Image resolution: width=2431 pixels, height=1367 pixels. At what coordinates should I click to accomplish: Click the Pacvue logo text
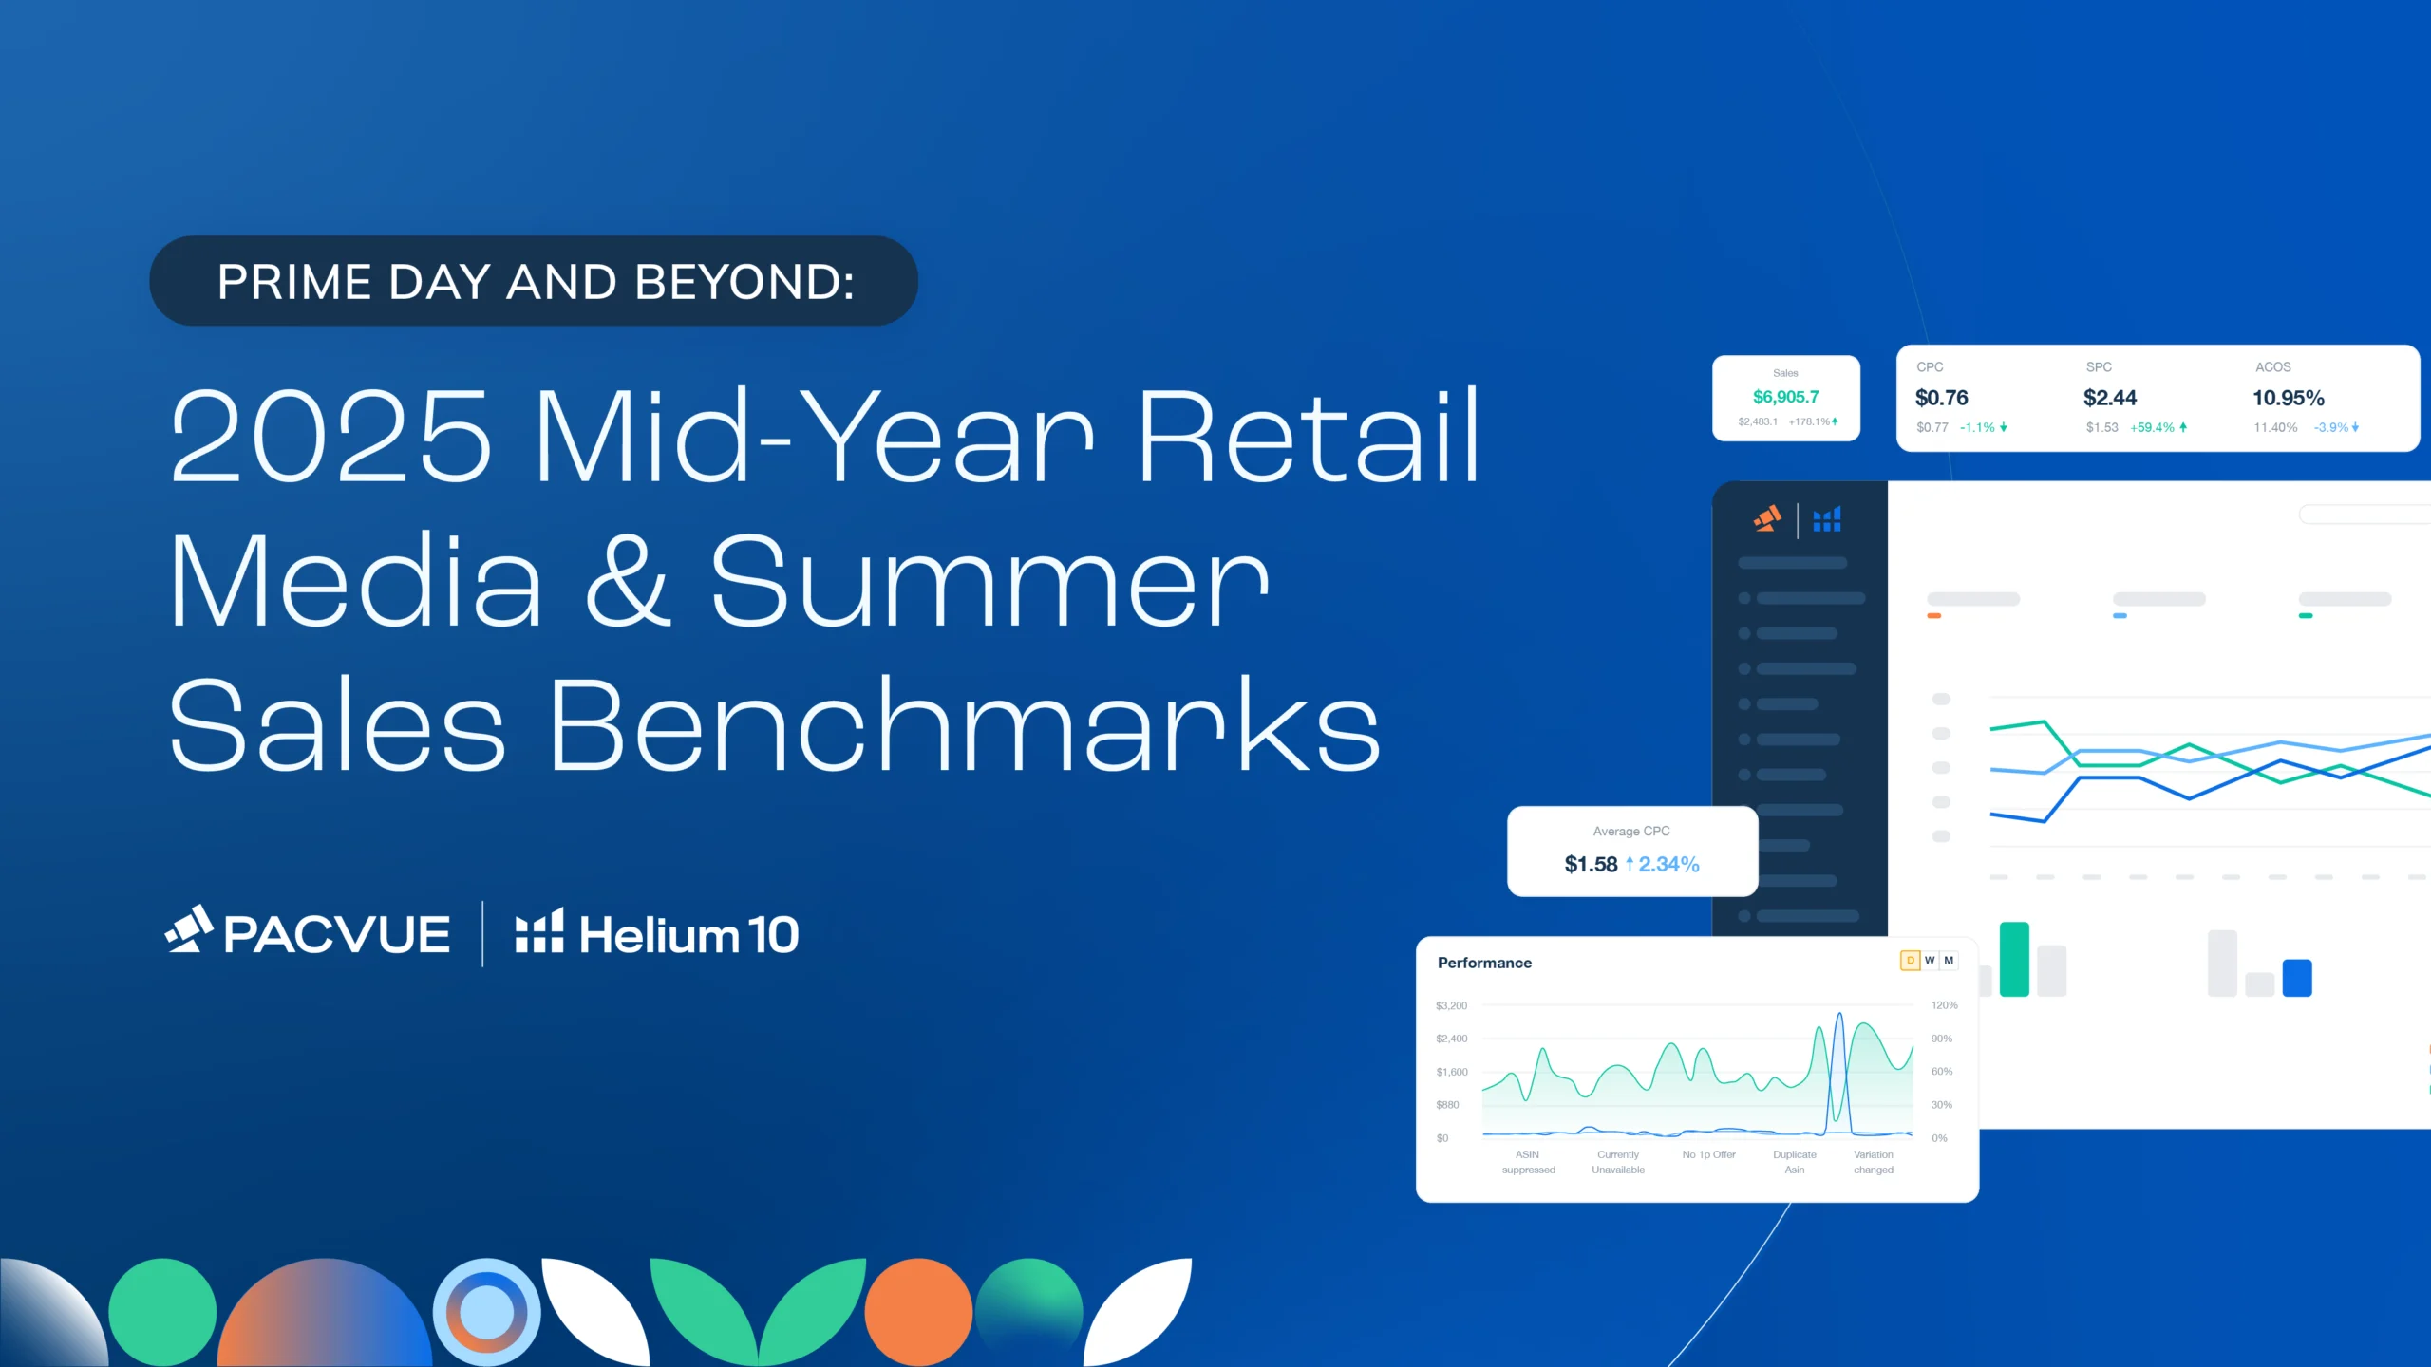(x=336, y=934)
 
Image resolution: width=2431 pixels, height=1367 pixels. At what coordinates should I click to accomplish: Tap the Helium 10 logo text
(x=688, y=934)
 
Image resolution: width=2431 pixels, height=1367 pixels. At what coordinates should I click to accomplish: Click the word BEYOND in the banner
(x=744, y=282)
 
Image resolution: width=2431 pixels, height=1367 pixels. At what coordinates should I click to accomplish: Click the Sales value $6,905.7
(x=1785, y=397)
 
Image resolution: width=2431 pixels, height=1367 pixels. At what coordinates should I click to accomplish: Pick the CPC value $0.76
(x=1941, y=398)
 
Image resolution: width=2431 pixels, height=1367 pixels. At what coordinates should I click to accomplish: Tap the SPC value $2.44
(x=2110, y=398)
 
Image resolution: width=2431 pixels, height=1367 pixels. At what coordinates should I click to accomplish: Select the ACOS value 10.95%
(x=2289, y=398)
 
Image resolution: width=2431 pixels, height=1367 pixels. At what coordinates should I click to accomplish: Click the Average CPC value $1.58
(x=1591, y=864)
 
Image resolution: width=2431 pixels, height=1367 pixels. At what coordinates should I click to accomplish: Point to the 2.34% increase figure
(x=1668, y=864)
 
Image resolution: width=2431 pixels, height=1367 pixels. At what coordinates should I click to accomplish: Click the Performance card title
(x=1484, y=963)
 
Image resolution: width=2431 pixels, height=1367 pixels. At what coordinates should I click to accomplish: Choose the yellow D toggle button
(x=1911, y=961)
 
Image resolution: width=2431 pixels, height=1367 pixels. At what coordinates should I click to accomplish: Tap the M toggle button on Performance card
(x=1949, y=961)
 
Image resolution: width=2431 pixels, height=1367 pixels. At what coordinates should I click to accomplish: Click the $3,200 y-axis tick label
(x=1451, y=1005)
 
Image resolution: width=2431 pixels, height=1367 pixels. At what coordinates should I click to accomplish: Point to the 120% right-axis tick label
(x=1944, y=1005)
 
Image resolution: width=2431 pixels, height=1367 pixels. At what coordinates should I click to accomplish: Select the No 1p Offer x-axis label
(x=1708, y=1155)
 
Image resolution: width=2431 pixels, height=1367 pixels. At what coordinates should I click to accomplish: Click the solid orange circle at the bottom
(x=918, y=1312)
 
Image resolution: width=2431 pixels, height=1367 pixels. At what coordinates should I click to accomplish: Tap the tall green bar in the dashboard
(x=2014, y=959)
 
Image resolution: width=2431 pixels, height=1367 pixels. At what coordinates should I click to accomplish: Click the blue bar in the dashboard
(x=2297, y=978)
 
